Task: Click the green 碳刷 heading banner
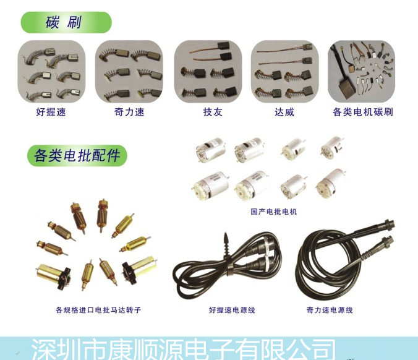click(66, 22)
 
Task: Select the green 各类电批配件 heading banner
click(77, 155)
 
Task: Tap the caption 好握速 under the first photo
click(51, 112)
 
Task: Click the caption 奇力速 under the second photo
click(129, 112)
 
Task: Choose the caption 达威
click(284, 112)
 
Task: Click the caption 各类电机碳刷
click(362, 112)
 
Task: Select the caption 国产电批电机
click(273, 212)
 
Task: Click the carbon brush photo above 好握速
click(51, 72)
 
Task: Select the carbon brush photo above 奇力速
click(129, 72)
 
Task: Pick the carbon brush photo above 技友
click(207, 72)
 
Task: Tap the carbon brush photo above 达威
click(284, 72)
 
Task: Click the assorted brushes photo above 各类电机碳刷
click(361, 72)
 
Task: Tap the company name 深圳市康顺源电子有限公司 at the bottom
click(183, 349)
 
